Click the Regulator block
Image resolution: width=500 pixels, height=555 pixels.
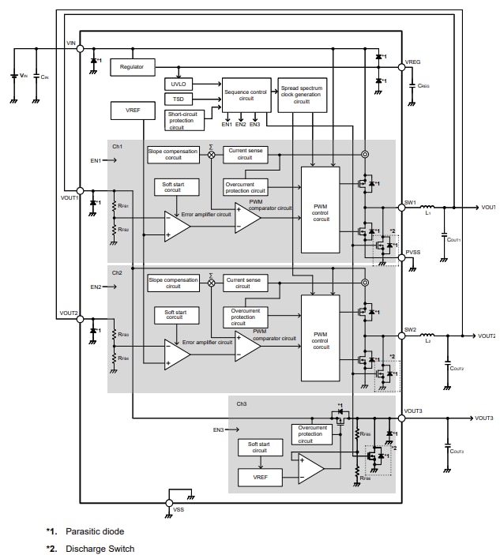click(132, 67)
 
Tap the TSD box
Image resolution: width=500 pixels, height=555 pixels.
click(178, 99)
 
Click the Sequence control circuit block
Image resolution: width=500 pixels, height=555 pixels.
click(246, 96)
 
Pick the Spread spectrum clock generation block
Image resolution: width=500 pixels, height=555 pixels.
click(302, 96)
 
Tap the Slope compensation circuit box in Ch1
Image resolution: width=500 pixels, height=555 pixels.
click(173, 154)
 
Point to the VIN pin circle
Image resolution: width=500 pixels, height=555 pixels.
click(80, 49)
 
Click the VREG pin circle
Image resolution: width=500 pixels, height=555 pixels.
click(400, 68)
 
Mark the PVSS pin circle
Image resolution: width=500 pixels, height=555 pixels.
click(400, 257)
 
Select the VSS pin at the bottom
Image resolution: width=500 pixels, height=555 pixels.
click(170, 501)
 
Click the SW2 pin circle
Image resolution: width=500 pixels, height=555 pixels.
click(400, 336)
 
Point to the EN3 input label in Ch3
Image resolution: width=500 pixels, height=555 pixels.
click(219, 430)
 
